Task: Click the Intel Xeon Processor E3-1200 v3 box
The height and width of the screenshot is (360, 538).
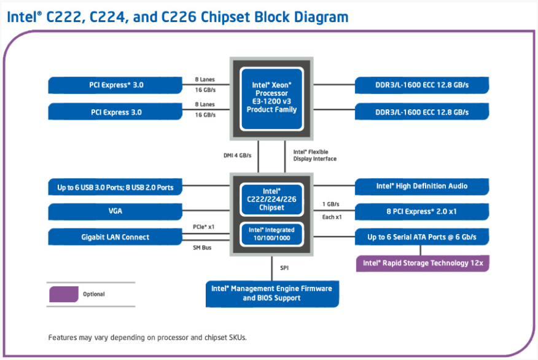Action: pos(271,98)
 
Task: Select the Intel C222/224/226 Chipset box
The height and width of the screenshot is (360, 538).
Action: pos(271,200)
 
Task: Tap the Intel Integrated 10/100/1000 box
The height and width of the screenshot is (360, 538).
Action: pos(271,234)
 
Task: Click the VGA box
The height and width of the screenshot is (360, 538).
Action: pos(115,211)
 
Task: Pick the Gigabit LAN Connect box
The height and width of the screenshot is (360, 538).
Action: pos(115,237)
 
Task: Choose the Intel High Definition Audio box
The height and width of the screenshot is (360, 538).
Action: pos(422,186)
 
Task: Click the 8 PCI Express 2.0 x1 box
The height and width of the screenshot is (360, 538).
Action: pos(422,211)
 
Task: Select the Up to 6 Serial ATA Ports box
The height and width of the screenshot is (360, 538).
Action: pos(422,237)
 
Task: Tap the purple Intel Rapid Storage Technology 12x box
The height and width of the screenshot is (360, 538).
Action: pos(423,263)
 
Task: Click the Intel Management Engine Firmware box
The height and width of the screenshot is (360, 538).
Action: pos(272,294)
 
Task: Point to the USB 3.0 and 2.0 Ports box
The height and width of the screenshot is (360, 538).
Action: pos(115,187)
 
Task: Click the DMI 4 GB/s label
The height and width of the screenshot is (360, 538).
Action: pos(238,155)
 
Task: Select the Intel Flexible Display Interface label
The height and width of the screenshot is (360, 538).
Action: pos(314,155)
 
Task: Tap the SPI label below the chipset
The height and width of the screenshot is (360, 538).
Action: pos(284,268)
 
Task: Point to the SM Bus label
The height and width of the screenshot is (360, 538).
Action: pos(202,248)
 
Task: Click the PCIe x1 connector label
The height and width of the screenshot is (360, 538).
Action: pos(203,227)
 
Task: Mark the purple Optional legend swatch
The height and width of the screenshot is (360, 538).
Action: pos(64,294)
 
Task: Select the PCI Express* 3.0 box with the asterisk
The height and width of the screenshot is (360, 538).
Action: pos(115,85)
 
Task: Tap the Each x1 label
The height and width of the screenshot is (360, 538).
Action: pos(332,217)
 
